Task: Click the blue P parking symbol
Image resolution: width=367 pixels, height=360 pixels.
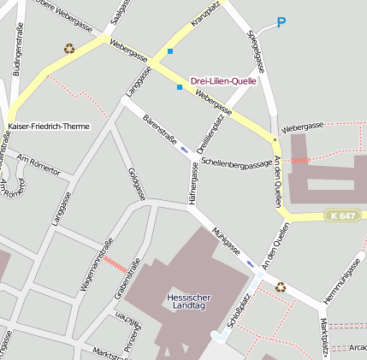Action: coord(281,22)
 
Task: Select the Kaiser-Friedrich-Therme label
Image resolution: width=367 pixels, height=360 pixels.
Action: coord(48,126)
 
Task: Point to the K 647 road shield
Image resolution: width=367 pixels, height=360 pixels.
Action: coord(340,216)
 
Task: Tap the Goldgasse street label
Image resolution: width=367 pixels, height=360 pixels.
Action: coord(136,184)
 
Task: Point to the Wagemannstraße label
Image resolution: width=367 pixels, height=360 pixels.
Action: coord(97,266)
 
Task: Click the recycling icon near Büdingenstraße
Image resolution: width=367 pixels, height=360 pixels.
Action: coord(69,49)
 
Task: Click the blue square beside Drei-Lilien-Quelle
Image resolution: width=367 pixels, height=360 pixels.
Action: coord(179,87)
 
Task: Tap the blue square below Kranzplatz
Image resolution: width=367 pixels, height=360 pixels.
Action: coord(170,52)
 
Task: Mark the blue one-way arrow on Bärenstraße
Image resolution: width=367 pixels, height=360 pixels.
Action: coord(184,150)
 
